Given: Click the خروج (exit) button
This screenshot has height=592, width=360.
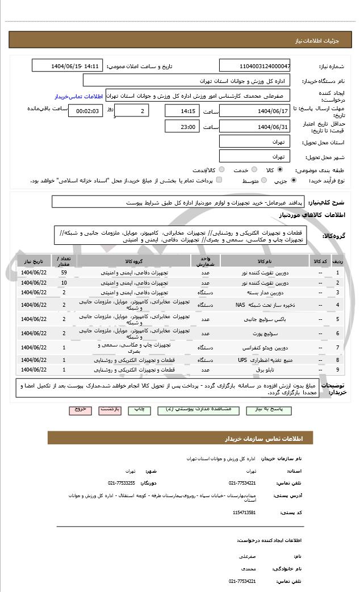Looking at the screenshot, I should [79, 409].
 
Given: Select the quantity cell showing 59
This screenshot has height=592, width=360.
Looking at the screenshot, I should [64, 273].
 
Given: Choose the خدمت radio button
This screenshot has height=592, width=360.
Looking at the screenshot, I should [254, 169].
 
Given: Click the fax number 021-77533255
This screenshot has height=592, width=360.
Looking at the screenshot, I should [122, 482].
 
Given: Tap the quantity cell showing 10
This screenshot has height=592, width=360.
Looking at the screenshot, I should [64, 282].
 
